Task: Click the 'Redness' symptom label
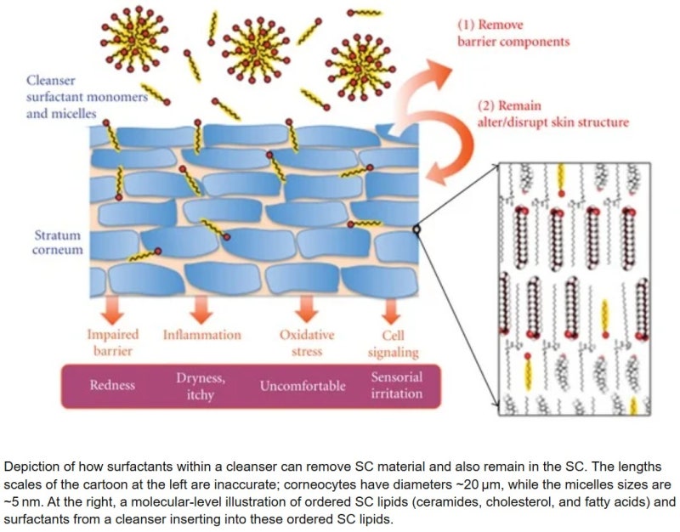pyautogui.click(x=112, y=385)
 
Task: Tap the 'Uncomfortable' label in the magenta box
pyautogui.click(x=303, y=386)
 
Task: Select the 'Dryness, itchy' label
pyautogui.click(x=201, y=386)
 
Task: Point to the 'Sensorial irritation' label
pyautogui.click(x=396, y=385)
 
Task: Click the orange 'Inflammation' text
pyautogui.click(x=202, y=335)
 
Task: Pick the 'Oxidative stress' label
pyautogui.click(x=307, y=342)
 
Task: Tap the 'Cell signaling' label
pyautogui.click(x=393, y=343)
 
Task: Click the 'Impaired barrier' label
pyautogui.click(x=113, y=342)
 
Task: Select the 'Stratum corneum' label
pyautogui.click(x=58, y=242)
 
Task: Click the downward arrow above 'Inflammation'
pyautogui.click(x=201, y=309)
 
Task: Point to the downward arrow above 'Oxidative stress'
pyautogui.click(x=307, y=309)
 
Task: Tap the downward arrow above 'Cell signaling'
pyautogui.click(x=391, y=311)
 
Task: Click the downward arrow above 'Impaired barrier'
pyautogui.click(x=113, y=309)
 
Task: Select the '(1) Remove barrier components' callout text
pyautogui.click(x=513, y=33)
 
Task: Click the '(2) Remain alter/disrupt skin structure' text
pyautogui.click(x=553, y=114)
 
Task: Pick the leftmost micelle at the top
pyautogui.click(x=134, y=38)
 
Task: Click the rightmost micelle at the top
pyautogui.click(x=360, y=68)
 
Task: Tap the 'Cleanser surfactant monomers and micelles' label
pyautogui.click(x=87, y=97)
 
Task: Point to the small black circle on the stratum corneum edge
pyautogui.click(x=416, y=229)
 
